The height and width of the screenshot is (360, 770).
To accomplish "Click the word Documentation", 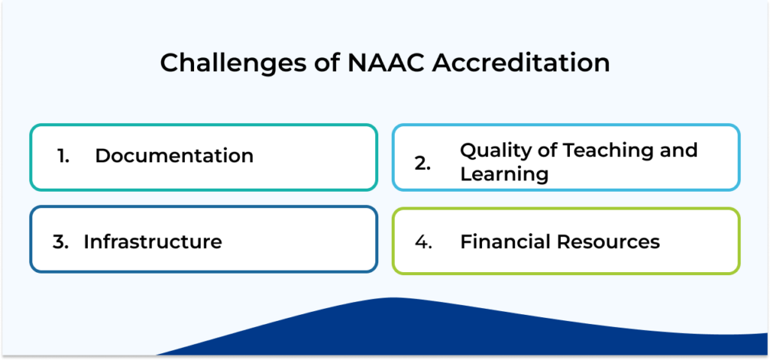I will click(174, 156).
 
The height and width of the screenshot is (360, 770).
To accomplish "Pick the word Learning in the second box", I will click(504, 175).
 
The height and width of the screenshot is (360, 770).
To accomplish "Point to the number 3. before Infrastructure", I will click(60, 242).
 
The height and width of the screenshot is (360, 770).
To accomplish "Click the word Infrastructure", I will click(153, 242).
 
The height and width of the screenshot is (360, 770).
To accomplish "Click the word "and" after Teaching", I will click(678, 150).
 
